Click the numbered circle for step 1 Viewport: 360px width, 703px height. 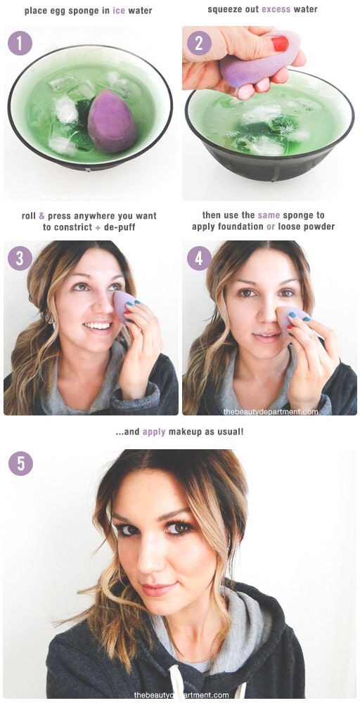click(x=20, y=44)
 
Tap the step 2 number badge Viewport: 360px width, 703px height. click(x=199, y=44)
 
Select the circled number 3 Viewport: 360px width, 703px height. click(x=20, y=258)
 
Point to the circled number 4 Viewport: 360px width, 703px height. click(x=199, y=258)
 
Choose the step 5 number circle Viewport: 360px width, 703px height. click(x=20, y=463)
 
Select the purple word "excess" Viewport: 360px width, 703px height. click(x=276, y=9)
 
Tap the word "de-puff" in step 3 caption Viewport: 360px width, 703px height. click(x=120, y=227)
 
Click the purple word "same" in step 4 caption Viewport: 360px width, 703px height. click(x=269, y=216)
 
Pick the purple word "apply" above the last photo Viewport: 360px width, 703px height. click(x=154, y=432)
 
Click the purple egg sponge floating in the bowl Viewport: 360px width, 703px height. click(x=112, y=120)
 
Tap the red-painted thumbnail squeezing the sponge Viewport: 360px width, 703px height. click(x=279, y=44)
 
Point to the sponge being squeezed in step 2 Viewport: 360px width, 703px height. click(x=259, y=59)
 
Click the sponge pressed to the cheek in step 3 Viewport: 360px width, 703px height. click(x=124, y=306)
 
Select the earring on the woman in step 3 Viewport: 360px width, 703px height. click(x=50, y=318)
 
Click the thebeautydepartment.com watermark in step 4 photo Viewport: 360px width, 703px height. click(x=271, y=411)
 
